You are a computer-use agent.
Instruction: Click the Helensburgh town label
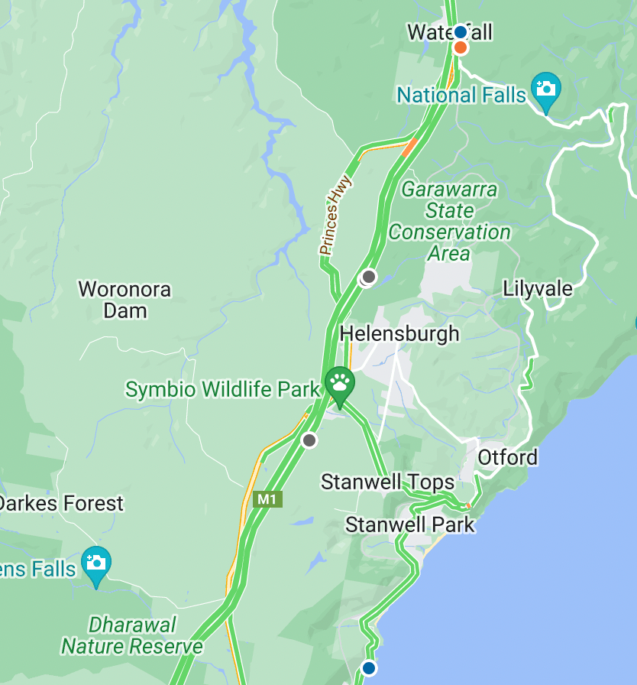399,334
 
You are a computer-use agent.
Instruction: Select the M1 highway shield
267,499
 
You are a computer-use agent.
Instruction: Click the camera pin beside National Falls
545,90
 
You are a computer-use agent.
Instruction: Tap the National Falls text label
461,95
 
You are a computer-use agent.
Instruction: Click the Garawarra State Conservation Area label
449,221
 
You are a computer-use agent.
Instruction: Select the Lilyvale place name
538,289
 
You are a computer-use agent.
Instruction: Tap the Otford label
508,458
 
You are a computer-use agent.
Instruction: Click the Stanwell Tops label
388,482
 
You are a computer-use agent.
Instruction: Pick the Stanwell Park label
409,525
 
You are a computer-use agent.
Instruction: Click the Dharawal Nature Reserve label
132,636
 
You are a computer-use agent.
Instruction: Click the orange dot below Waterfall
461,48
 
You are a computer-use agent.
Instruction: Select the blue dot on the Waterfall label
460,32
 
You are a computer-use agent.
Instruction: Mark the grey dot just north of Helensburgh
369,276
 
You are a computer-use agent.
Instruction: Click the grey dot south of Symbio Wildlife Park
309,440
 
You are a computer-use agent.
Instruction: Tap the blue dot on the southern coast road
369,667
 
